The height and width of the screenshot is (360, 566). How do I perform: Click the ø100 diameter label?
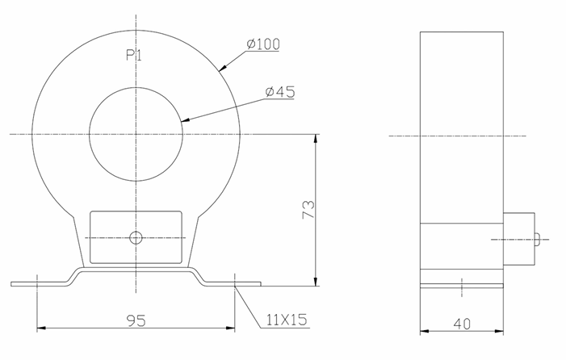click(x=262, y=44)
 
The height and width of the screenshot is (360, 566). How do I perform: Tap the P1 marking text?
click(x=134, y=55)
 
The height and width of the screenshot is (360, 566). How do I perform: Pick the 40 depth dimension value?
click(x=462, y=324)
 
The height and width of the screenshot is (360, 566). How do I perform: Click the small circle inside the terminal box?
click(x=136, y=237)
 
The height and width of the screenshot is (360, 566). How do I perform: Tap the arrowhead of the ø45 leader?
click(x=185, y=120)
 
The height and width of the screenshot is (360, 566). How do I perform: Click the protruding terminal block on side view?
click(x=520, y=239)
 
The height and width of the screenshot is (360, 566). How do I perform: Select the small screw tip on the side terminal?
click(x=539, y=239)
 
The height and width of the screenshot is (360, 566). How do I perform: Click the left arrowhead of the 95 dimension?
click(x=43, y=329)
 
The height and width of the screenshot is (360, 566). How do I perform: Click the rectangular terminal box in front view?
click(x=136, y=237)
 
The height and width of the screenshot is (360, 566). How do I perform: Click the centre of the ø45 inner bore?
click(x=136, y=133)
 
